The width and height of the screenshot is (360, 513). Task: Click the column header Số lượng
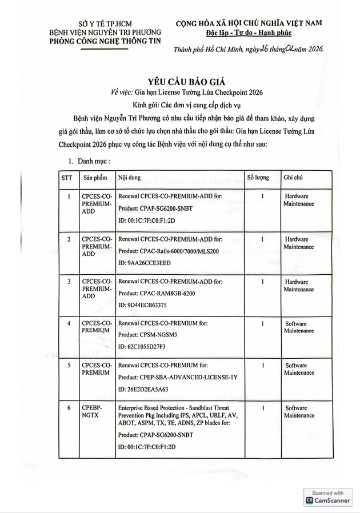258,178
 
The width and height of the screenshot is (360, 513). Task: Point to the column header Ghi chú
293,178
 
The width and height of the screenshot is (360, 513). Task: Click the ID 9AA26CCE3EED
144,262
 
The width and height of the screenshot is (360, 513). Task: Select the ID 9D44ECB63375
142,304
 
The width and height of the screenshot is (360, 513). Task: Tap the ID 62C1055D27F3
142,347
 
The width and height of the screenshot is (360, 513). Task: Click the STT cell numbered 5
69,365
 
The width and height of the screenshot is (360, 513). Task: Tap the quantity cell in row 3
262,282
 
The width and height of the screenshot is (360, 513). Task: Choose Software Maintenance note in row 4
299,327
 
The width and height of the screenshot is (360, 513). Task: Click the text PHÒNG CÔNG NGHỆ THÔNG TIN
105,41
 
